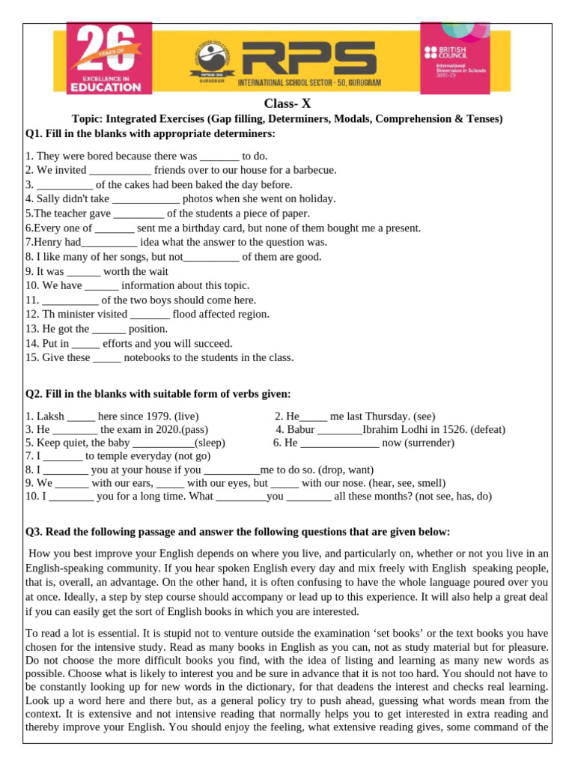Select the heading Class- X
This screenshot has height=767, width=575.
[x=287, y=103]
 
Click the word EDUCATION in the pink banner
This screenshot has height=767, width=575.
[x=106, y=87]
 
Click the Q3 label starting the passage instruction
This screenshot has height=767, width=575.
[x=34, y=532]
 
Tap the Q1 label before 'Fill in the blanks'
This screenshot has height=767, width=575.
[x=34, y=133]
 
